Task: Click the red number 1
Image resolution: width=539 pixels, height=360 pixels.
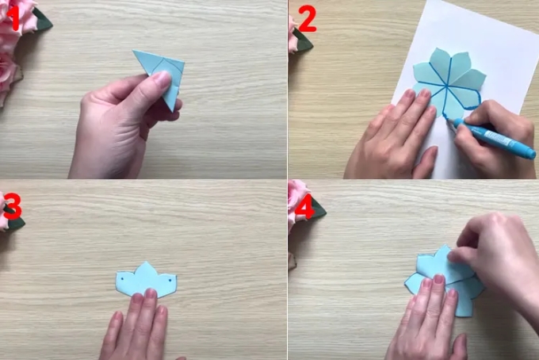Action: [x=14, y=18]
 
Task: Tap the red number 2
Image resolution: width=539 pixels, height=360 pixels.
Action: [x=308, y=19]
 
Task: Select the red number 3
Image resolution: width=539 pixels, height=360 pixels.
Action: [x=13, y=207]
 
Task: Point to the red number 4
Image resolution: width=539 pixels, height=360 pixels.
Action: [x=304, y=207]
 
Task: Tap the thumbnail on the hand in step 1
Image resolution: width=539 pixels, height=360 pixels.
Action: [x=162, y=79]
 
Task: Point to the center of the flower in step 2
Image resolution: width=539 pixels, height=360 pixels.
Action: [x=446, y=85]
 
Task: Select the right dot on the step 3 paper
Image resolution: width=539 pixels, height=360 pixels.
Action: [x=170, y=281]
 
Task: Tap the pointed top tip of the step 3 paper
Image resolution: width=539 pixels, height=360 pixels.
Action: [x=146, y=262]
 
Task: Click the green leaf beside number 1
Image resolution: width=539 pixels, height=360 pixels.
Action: [x=43, y=20]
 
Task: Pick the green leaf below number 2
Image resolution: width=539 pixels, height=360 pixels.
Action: [x=303, y=42]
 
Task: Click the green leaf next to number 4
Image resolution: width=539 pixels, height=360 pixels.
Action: [x=319, y=209]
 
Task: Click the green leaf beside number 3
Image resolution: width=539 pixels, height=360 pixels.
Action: [x=16, y=220]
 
